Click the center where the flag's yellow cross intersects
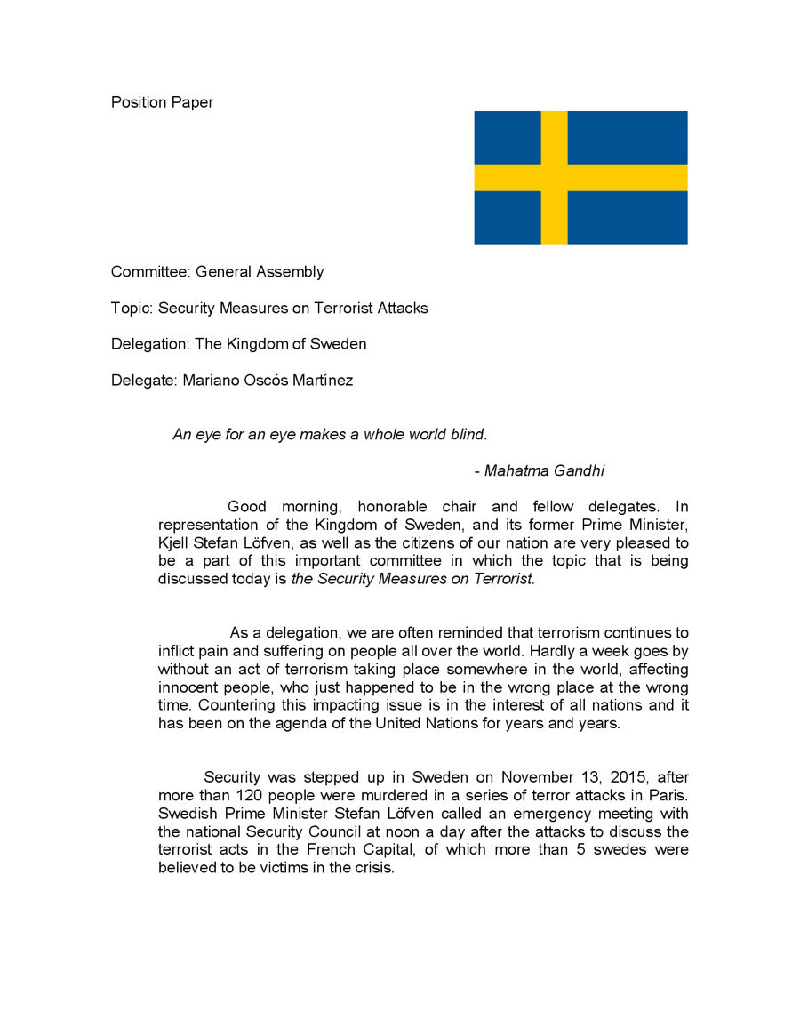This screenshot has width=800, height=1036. click(x=554, y=178)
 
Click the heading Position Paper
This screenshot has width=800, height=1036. click(x=162, y=102)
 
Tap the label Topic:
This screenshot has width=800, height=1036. click(x=132, y=309)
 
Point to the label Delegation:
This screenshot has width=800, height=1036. click(x=146, y=344)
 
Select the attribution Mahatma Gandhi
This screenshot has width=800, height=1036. click(x=544, y=470)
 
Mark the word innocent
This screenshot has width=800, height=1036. click(x=189, y=687)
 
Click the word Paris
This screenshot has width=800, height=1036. click(x=666, y=795)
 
